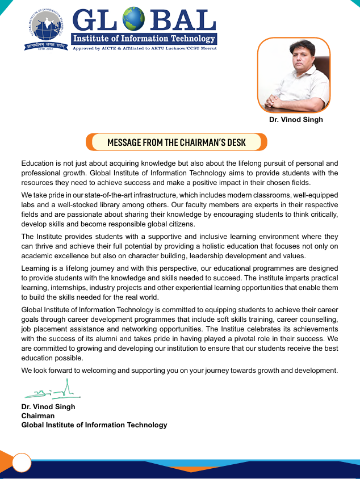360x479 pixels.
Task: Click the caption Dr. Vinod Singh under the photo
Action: pyautogui.click(x=296, y=120)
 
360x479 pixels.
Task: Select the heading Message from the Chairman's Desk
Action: pyautogui.click(x=177, y=142)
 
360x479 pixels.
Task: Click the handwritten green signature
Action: pyautogui.click(x=51, y=391)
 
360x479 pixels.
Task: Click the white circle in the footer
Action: pyautogui.click(x=22, y=463)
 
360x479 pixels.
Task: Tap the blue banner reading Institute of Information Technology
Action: pyautogui.click(x=144, y=39)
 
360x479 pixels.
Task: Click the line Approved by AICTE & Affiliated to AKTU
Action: pyautogui.click(x=144, y=48)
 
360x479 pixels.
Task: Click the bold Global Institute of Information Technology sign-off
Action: pyautogui.click(x=94, y=425)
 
